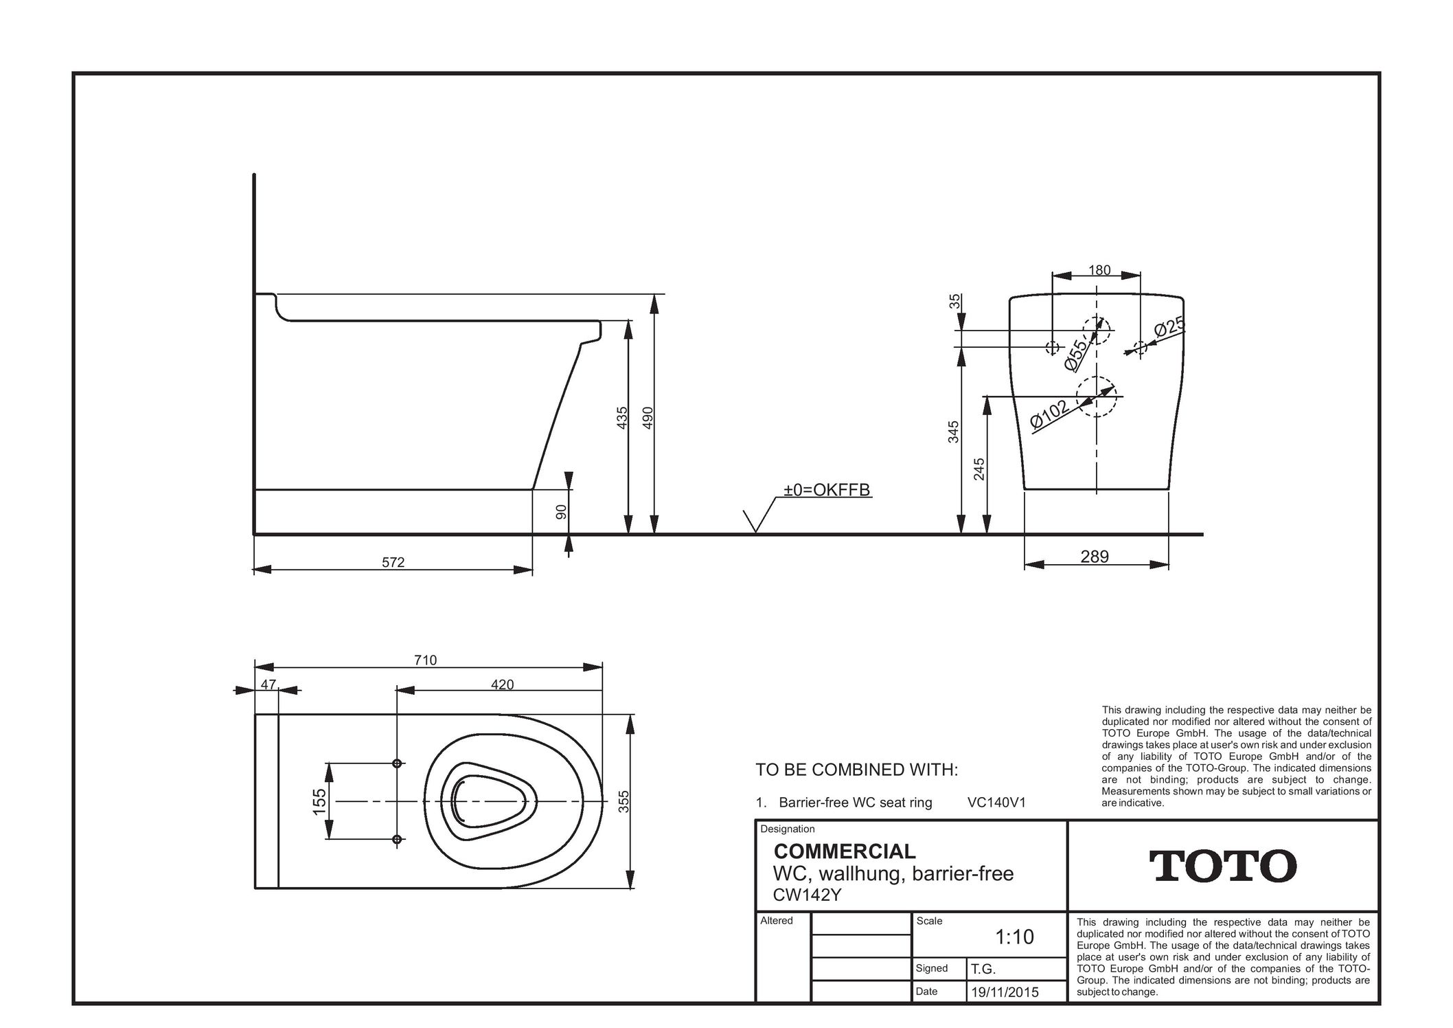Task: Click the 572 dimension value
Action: coord(393,562)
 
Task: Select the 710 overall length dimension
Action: coord(425,660)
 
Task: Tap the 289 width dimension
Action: coord(1095,557)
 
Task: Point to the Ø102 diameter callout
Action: coord(1051,414)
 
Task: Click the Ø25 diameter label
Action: coord(1169,327)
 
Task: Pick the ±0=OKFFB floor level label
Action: coord(827,490)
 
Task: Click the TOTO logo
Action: coord(1222,866)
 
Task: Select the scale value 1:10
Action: coord(1014,937)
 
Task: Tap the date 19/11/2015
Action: coord(1005,993)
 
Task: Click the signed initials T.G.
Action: coord(983,970)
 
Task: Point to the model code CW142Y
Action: coord(807,895)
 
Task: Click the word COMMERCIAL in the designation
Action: coord(845,851)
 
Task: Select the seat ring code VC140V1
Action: coord(996,803)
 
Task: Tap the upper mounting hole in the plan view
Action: coord(397,763)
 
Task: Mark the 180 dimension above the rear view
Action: coord(1099,270)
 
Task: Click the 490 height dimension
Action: coord(647,418)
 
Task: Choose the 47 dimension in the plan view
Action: coord(268,684)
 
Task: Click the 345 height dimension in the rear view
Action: coord(953,432)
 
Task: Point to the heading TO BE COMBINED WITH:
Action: coord(856,770)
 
